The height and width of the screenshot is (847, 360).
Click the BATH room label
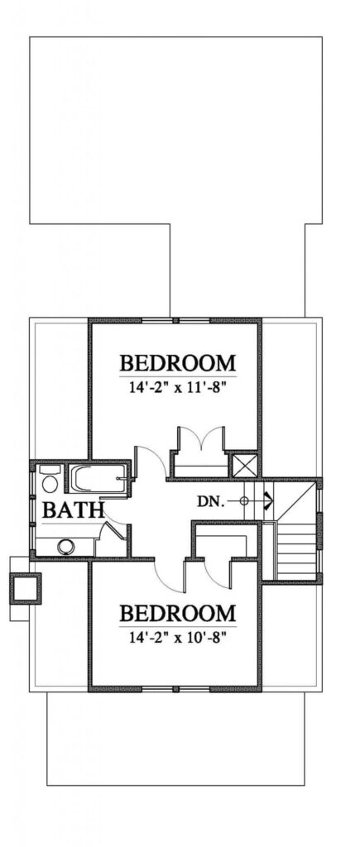click(73, 510)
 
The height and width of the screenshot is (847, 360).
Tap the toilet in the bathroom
click(49, 480)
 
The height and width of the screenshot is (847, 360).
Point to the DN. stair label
click(210, 501)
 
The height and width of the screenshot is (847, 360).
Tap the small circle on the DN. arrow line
click(244, 501)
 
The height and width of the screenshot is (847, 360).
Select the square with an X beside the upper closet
click(244, 466)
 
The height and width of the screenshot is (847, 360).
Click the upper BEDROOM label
click(177, 362)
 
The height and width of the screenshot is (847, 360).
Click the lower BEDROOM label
click(177, 613)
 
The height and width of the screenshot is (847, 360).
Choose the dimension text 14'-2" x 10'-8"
click(177, 638)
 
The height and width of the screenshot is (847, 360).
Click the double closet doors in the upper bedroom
click(201, 438)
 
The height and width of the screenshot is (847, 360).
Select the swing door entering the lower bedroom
click(170, 576)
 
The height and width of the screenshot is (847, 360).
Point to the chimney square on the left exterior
click(26, 588)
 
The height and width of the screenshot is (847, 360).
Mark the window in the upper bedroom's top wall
click(176, 321)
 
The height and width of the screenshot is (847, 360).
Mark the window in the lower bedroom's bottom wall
click(176, 689)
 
